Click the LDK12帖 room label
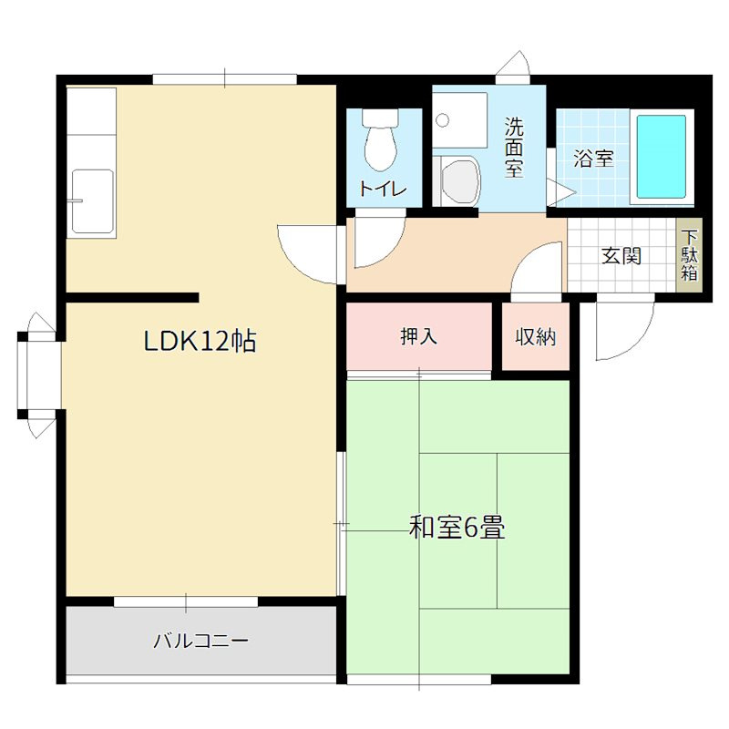pyautogui.click(x=200, y=341)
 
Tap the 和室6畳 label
pyautogui.click(x=457, y=528)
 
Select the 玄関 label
pyautogui.click(x=621, y=256)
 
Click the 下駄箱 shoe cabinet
pyautogui.click(x=689, y=256)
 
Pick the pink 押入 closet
pyautogui.click(x=419, y=336)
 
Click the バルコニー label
pyautogui.click(x=200, y=641)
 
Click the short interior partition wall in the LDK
pyautogui.click(x=132, y=297)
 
